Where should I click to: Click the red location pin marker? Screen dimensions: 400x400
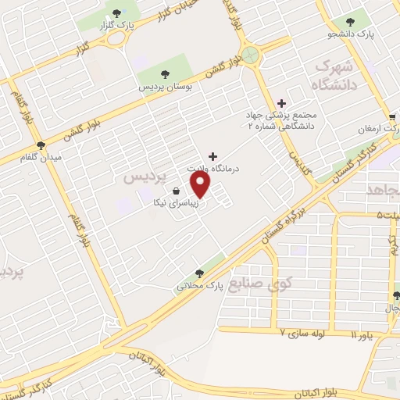pos(202,184)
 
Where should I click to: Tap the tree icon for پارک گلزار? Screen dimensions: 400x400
pos(117,12)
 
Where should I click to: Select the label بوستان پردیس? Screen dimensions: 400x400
pos(165,86)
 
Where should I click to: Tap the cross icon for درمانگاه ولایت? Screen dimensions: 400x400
pos(213,156)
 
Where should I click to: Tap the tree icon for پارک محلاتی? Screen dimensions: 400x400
pos(199,273)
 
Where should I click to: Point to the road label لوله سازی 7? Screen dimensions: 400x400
pos(306,333)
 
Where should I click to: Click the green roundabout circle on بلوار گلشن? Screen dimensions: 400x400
pos(250,54)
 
